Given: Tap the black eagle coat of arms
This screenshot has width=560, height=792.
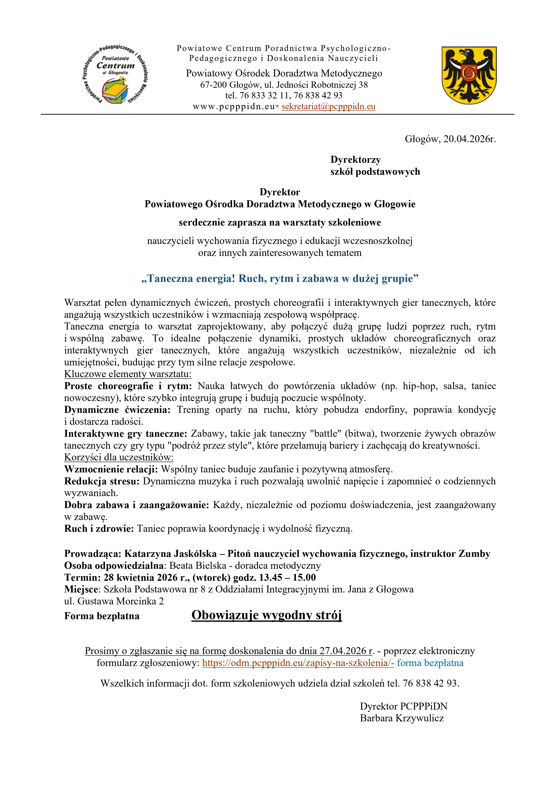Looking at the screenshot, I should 469,75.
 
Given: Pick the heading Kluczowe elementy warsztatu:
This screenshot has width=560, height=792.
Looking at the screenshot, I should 128,374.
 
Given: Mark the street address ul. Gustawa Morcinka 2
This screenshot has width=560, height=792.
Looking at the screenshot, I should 114,601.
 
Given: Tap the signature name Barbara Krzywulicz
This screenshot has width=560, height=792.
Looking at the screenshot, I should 402,718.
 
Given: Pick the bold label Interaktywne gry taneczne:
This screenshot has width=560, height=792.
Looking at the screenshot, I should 125,433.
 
